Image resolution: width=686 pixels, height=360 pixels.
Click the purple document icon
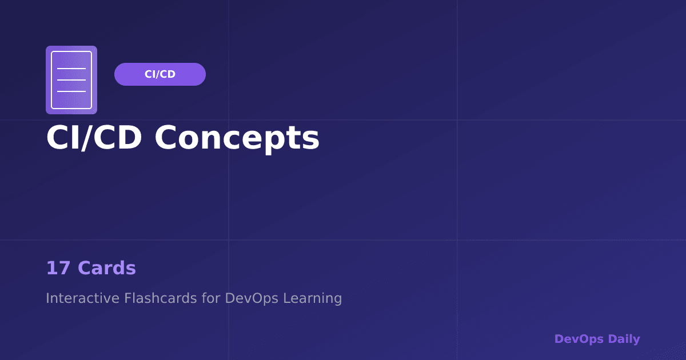pyautogui.click(x=71, y=80)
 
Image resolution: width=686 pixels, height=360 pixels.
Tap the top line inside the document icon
pyautogui.click(x=71, y=69)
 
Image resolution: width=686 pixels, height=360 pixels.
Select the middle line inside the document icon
pyautogui.click(x=71, y=80)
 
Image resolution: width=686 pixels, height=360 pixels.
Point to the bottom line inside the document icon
pyautogui.click(x=71, y=91)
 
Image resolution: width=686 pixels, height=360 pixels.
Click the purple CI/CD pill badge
pyautogui.click(x=160, y=74)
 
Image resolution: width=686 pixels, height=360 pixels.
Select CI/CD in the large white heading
pyautogui.click(x=94, y=138)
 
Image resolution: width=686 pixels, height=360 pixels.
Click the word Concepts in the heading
pyautogui.click(x=237, y=138)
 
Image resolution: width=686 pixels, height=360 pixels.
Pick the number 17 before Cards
pyautogui.click(x=58, y=268)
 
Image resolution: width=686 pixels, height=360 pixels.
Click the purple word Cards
pyautogui.click(x=107, y=268)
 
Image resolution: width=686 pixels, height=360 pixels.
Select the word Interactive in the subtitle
pyautogui.click(x=83, y=298)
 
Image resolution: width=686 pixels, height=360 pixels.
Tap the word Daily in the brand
pyautogui.click(x=624, y=339)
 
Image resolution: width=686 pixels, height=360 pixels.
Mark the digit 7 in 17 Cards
pyautogui.click(x=65, y=268)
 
